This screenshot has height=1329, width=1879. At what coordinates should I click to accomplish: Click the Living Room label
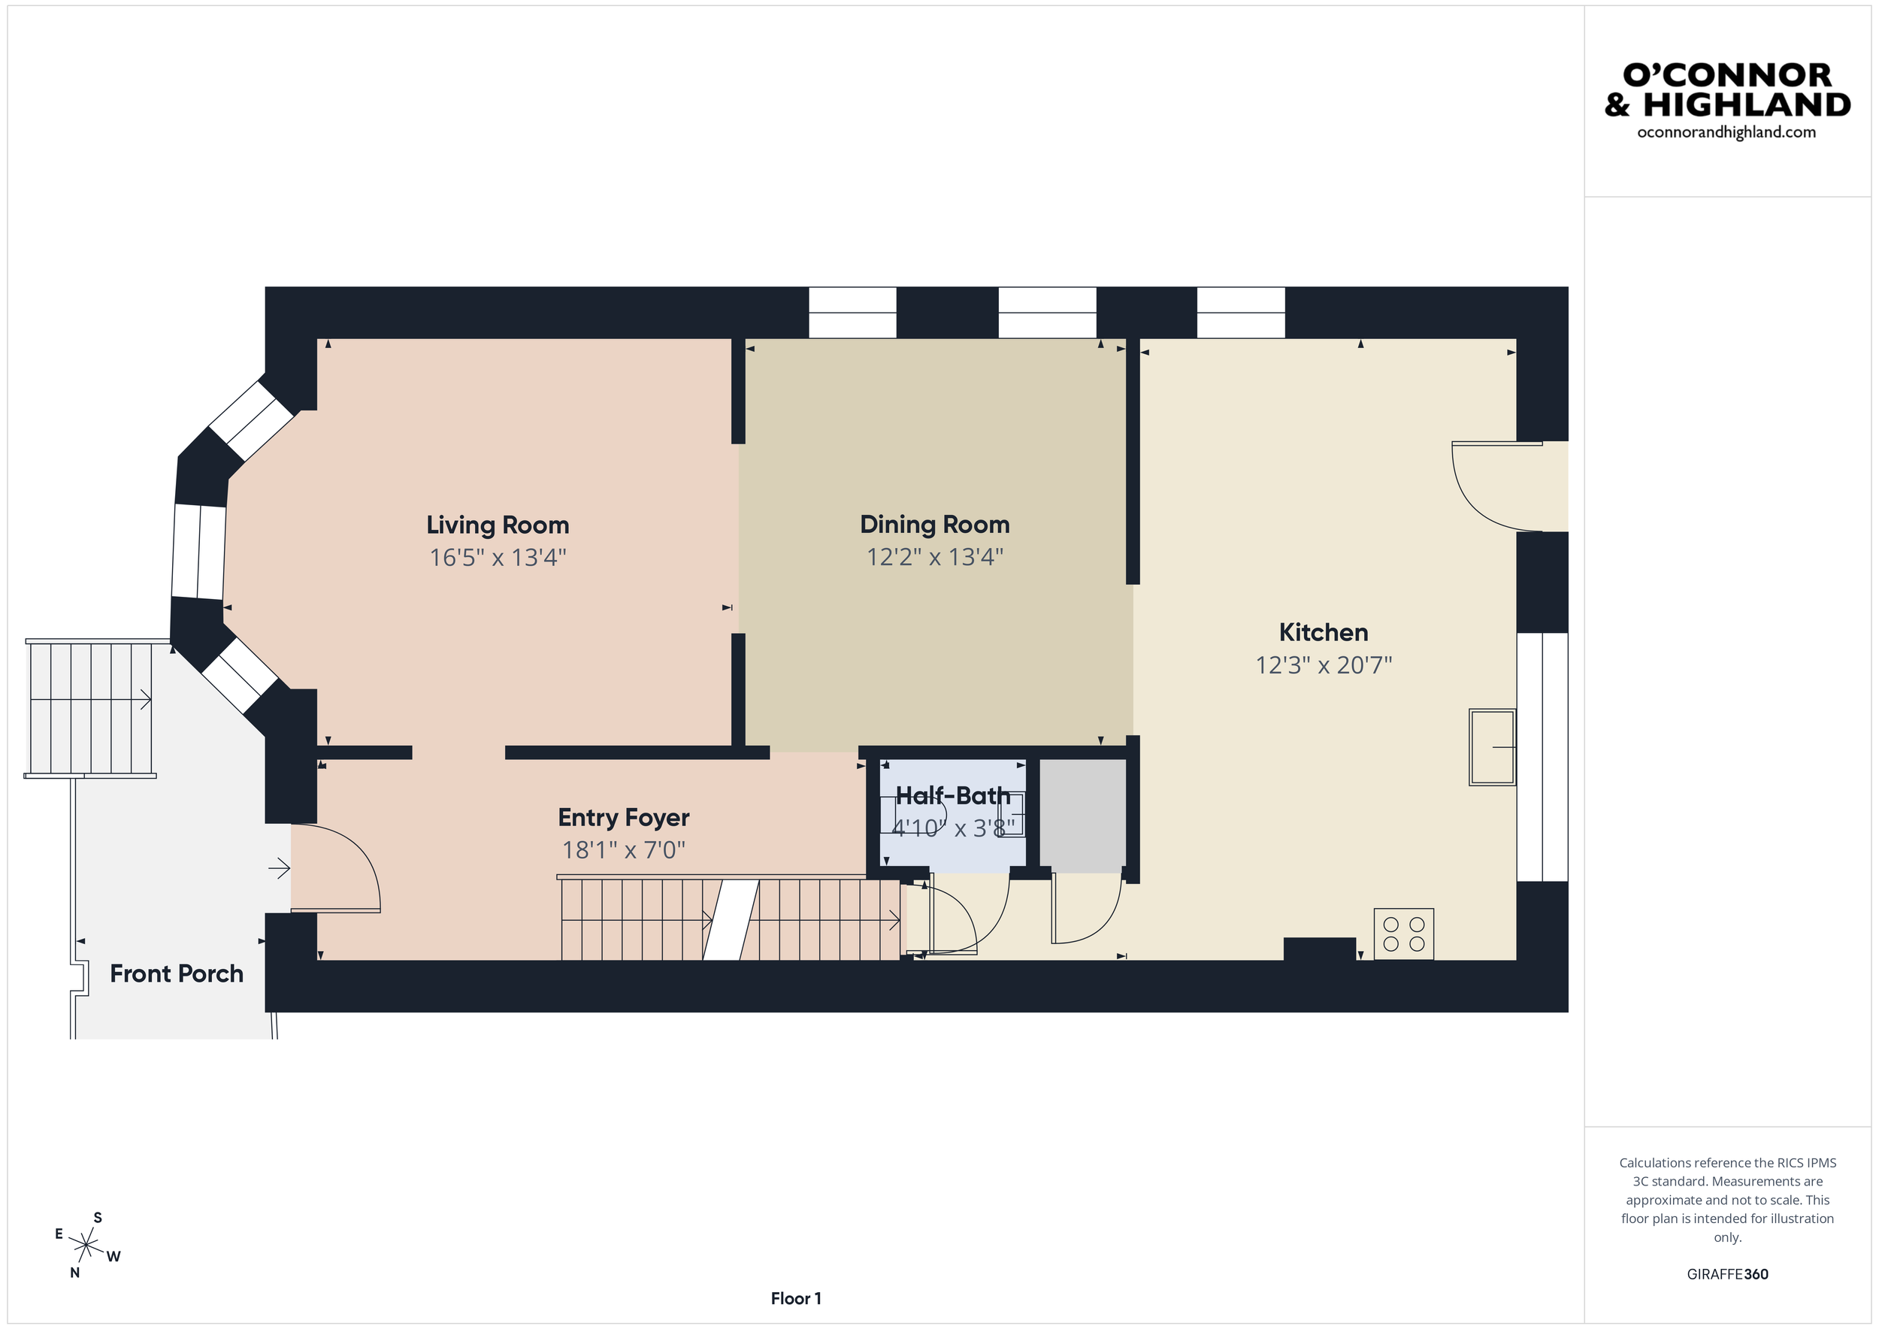(x=498, y=525)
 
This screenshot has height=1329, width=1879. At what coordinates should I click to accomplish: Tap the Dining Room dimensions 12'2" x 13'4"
(x=934, y=557)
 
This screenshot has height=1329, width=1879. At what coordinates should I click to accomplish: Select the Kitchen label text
(x=1324, y=633)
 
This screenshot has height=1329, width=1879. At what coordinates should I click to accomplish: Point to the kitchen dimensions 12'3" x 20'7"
(x=1324, y=665)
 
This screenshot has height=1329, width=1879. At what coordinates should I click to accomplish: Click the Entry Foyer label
(x=624, y=818)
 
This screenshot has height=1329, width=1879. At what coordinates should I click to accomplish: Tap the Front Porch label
(x=177, y=974)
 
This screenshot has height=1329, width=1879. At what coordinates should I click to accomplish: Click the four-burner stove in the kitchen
(x=1403, y=934)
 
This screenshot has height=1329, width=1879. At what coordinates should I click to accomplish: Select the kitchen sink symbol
(x=1492, y=747)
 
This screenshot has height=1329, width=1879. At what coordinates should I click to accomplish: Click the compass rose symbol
(x=86, y=1246)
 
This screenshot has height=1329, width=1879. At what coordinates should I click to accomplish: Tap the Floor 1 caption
(x=795, y=1299)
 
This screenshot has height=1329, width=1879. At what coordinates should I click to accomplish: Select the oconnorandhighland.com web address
(x=1726, y=132)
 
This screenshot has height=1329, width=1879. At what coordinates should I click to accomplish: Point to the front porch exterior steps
(x=90, y=709)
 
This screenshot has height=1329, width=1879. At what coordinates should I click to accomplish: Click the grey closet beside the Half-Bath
(x=1082, y=815)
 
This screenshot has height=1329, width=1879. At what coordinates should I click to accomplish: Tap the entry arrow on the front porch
(x=279, y=868)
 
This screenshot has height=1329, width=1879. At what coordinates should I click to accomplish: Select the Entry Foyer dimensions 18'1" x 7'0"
(x=624, y=850)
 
